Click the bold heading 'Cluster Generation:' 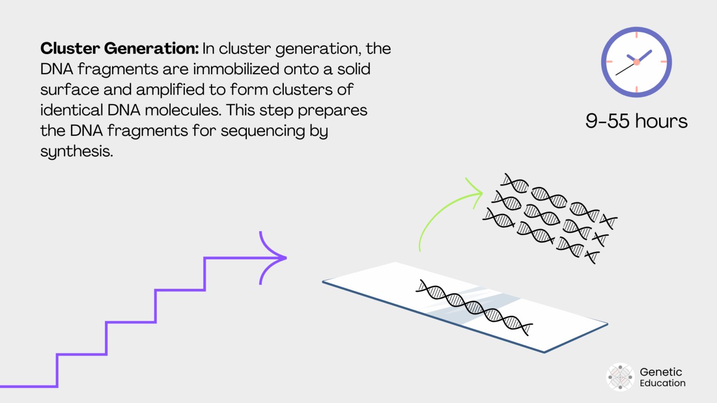tap(119, 49)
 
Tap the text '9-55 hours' tap(636, 121)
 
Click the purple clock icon tap(636, 62)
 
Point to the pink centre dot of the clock tap(636, 62)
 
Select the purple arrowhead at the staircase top tap(275, 257)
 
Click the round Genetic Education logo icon tap(620, 377)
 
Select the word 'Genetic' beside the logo tap(661, 372)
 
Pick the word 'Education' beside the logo tap(662, 383)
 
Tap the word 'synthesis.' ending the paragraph tap(77, 152)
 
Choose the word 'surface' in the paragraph tap(70, 90)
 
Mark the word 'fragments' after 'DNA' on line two tap(118, 69)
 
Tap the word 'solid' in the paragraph tap(354, 69)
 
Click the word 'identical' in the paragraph tap(71, 110)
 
